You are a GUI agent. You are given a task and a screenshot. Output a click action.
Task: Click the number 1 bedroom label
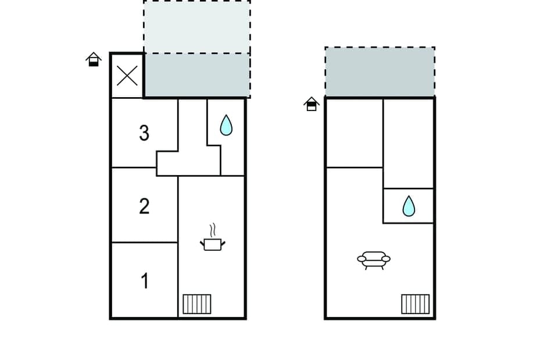pyautogui.click(x=145, y=281)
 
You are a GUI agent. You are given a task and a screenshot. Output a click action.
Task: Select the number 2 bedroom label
pyautogui.click(x=144, y=206)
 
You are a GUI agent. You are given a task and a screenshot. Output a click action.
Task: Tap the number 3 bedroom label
pyautogui.click(x=144, y=133)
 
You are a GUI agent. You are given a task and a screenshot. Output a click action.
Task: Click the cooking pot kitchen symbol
pyautogui.click(x=212, y=244)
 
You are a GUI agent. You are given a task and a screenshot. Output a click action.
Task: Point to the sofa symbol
pyautogui.click(x=373, y=259)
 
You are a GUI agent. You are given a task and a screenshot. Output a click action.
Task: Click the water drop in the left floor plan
pyautogui.click(x=226, y=125)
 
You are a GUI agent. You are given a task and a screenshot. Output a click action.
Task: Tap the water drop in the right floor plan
pyautogui.click(x=409, y=206)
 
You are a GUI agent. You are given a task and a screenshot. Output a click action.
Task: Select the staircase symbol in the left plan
pyautogui.click(x=197, y=304)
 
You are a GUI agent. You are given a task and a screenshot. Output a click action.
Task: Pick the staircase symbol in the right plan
pyautogui.click(x=415, y=304)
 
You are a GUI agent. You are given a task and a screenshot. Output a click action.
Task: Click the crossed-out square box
pyautogui.click(x=127, y=76)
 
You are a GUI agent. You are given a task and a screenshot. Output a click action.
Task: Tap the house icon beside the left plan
pyautogui.click(x=94, y=59)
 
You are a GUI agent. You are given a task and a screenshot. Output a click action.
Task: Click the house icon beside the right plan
pyautogui.click(x=312, y=104)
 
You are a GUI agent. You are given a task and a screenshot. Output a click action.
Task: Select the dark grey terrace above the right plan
pyautogui.click(x=380, y=72)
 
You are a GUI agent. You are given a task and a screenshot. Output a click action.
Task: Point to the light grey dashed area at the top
pyautogui.click(x=197, y=27)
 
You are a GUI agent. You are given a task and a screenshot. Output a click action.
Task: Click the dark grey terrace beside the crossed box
pyautogui.click(x=197, y=76)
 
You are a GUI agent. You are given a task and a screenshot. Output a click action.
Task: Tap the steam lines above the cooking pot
pyautogui.click(x=212, y=229)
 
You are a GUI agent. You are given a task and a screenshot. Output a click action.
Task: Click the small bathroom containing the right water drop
pyautogui.click(x=409, y=206)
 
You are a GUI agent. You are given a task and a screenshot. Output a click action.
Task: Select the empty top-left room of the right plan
pyautogui.click(x=354, y=133)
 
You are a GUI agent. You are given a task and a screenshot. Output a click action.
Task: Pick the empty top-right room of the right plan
pyautogui.click(x=409, y=142)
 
